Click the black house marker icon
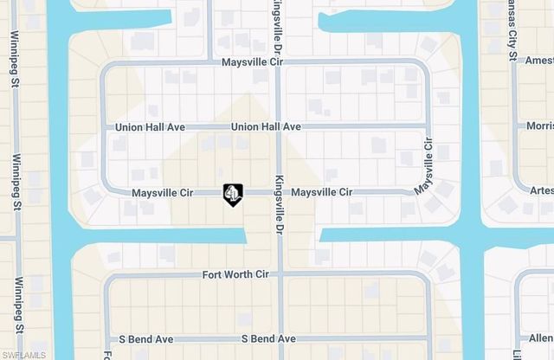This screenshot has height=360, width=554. (233, 195)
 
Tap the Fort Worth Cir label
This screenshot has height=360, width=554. (235, 274)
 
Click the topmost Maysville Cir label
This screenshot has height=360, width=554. (253, 62)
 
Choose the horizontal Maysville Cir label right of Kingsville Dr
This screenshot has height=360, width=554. (321, 192)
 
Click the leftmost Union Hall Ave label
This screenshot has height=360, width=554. (151, 127)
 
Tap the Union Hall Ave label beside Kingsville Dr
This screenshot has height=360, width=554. (266, 127)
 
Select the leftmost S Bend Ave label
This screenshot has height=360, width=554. (140, 339)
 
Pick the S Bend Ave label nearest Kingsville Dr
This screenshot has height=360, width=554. (268, 339)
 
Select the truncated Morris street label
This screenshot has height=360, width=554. (539, 126)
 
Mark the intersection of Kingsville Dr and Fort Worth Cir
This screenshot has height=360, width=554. (279, 274)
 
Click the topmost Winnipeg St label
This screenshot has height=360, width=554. (15, 61)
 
